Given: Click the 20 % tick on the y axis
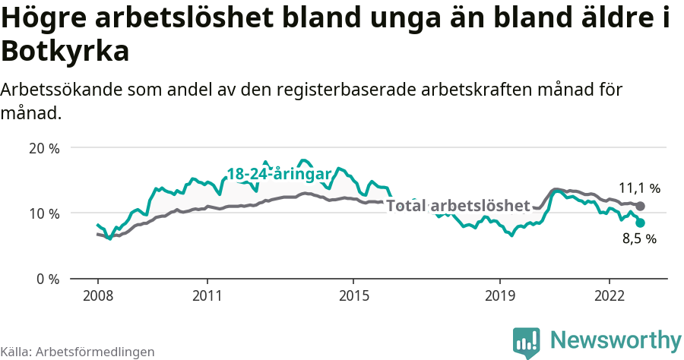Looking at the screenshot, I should (44, 148).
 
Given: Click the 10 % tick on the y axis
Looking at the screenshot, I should (44, 213).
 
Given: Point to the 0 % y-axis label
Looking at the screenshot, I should (48, 279).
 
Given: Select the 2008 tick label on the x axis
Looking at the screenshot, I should (98, 295).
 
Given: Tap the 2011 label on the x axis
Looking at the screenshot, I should (207, 295).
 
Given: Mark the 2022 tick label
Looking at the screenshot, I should (609, 295).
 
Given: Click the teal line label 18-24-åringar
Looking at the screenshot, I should (279, 174).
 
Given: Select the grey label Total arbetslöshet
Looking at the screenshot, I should (458, 206).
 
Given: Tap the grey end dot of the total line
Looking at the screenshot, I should (641, 206).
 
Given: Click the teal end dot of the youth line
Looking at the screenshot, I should (641, 223).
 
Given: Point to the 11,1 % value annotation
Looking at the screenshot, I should (639, 188).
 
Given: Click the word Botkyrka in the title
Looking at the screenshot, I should (65, 52).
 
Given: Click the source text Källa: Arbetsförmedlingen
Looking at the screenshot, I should (78, 352).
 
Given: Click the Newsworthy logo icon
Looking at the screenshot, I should (526, 343).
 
